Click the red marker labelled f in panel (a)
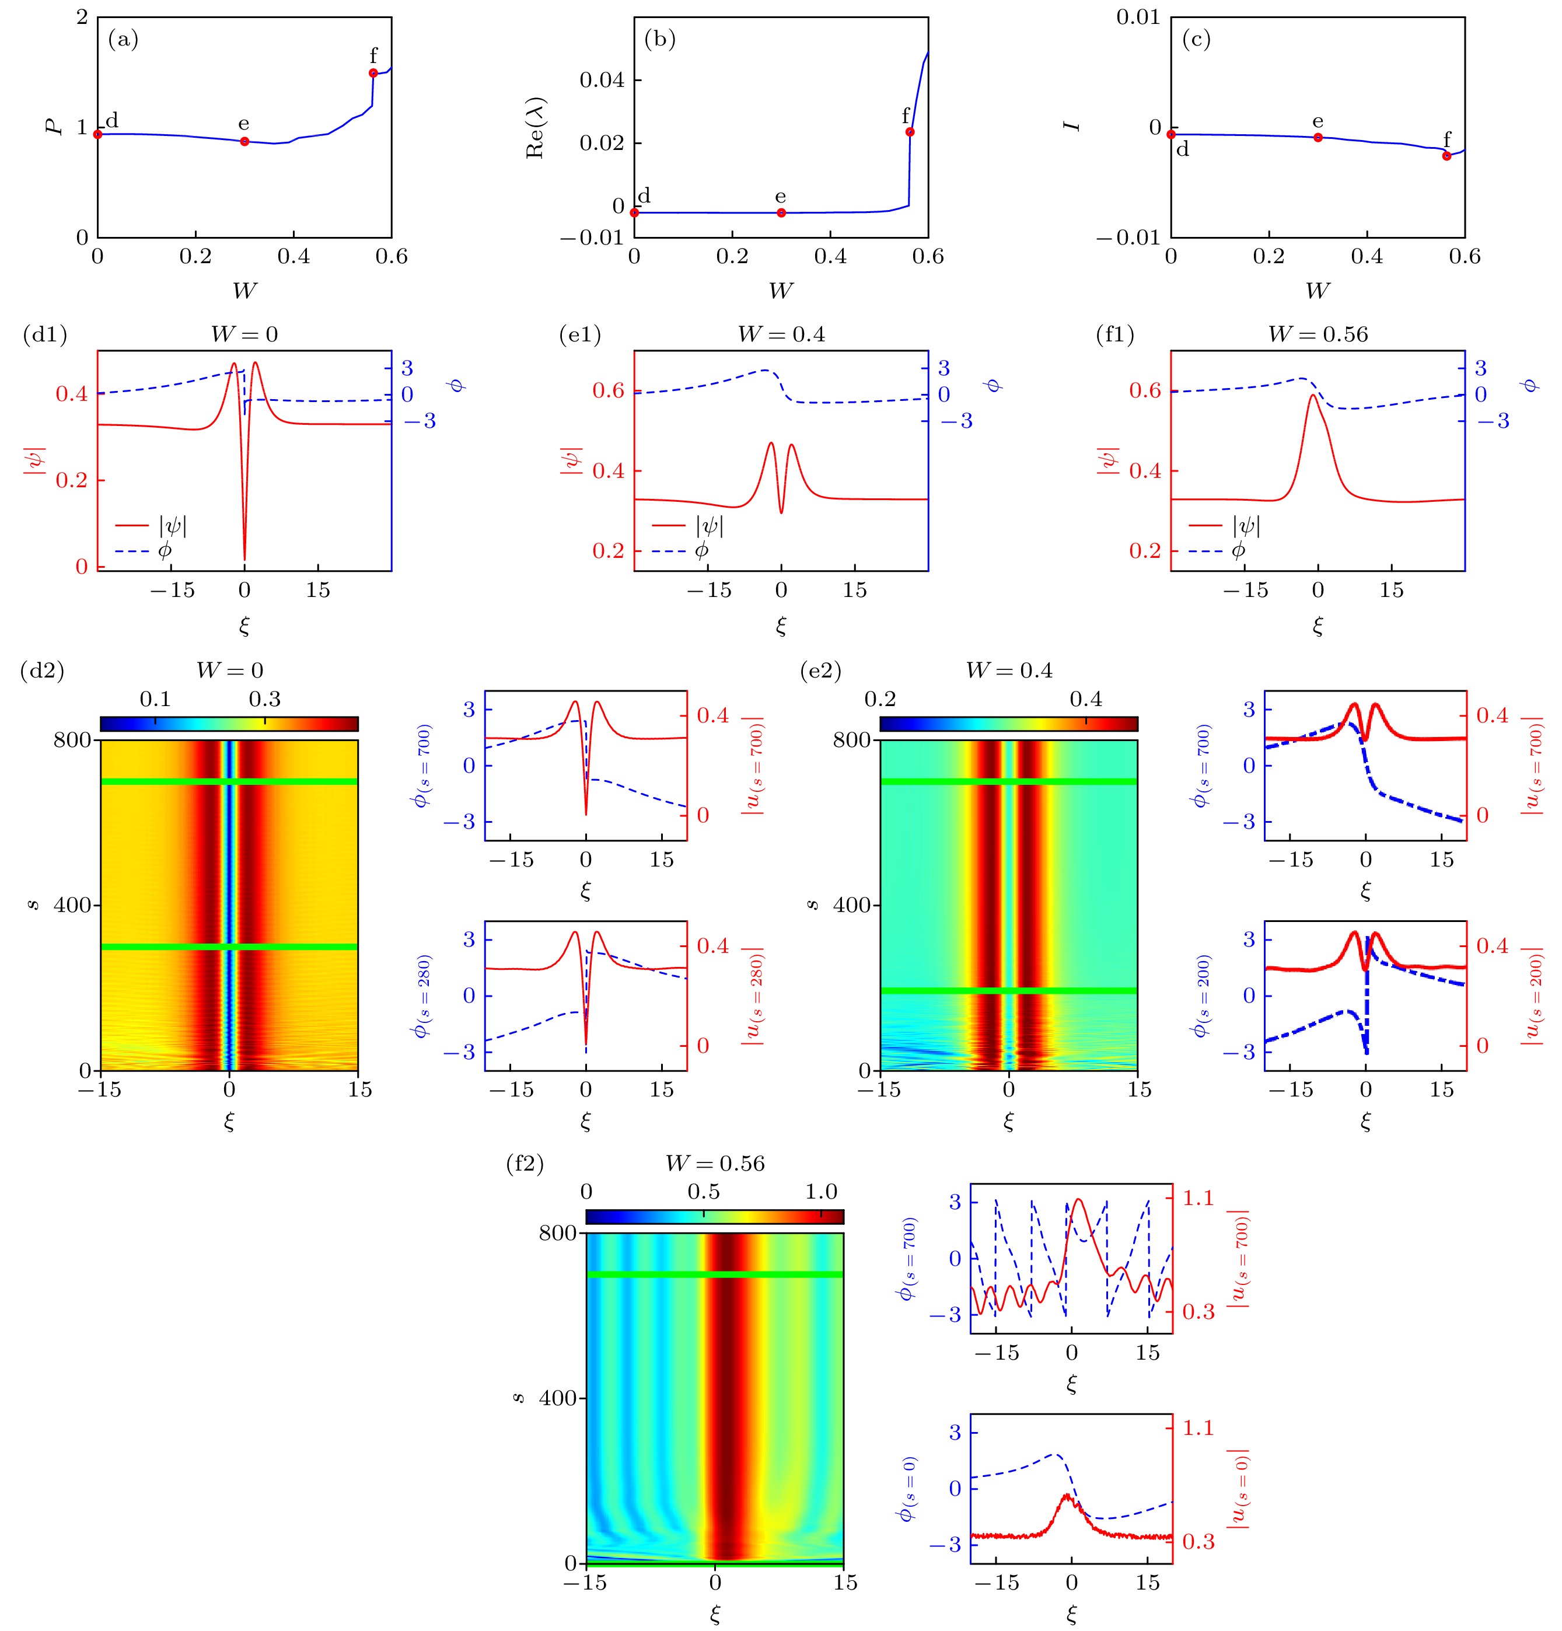coord(373,73)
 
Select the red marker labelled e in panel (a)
coord(244,141)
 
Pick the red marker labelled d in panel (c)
coord(1171,134)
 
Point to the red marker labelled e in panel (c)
coord(1318,137)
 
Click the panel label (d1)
coord(45,334)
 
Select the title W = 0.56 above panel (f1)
coord(1318,334)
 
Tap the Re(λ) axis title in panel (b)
coord(535,127)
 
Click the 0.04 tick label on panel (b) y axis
coord(602,80)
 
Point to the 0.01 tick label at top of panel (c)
coord(1138,18)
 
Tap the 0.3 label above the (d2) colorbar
coord(265,699)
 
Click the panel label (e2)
coord(820,670)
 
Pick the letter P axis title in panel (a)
coord(55,127)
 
